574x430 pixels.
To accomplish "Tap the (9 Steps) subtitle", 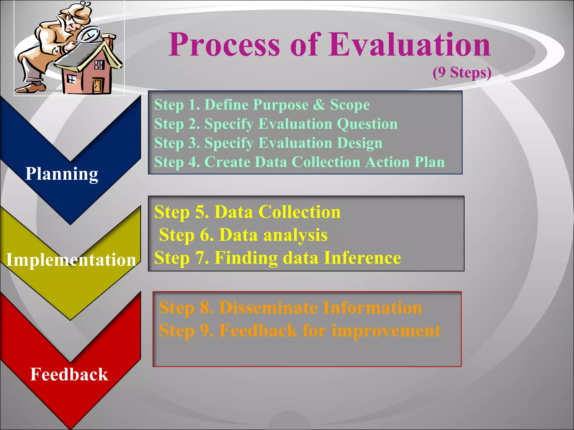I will [462, 73].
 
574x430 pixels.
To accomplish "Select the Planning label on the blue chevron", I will [62, 174].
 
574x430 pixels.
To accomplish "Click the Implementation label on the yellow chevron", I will [71, 260].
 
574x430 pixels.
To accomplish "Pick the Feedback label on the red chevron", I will [69, 375].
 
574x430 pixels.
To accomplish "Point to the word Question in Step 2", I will [367, 124].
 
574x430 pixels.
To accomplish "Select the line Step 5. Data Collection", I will [247, 212].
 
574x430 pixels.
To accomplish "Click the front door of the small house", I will [98, 85].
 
